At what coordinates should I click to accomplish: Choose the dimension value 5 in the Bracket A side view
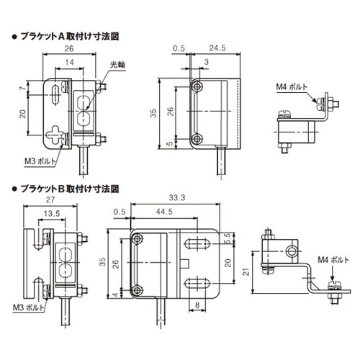[x=171, y=143]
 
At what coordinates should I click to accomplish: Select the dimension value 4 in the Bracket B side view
[x=114, y=294]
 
